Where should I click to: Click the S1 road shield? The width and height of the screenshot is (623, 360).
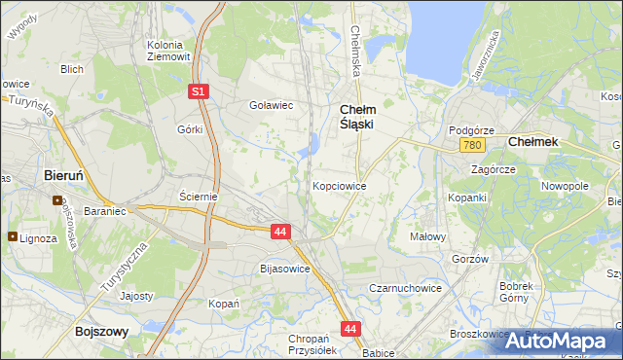pos(198,91)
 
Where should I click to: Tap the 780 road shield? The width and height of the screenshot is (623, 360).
pos(473,145)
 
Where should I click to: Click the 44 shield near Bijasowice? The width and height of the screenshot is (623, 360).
pos(280,232)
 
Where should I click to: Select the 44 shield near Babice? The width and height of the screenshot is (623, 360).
pos(351,330)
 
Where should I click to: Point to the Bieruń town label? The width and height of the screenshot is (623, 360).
pos(70,176)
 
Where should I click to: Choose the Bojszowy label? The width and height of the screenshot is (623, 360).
pos(102,332)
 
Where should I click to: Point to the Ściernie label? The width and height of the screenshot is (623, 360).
pos(198,196)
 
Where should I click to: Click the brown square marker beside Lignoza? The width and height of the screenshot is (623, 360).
pos(12,236)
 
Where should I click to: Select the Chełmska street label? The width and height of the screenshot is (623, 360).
pos(354,49)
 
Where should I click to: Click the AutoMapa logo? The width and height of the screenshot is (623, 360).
pos(564,342)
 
